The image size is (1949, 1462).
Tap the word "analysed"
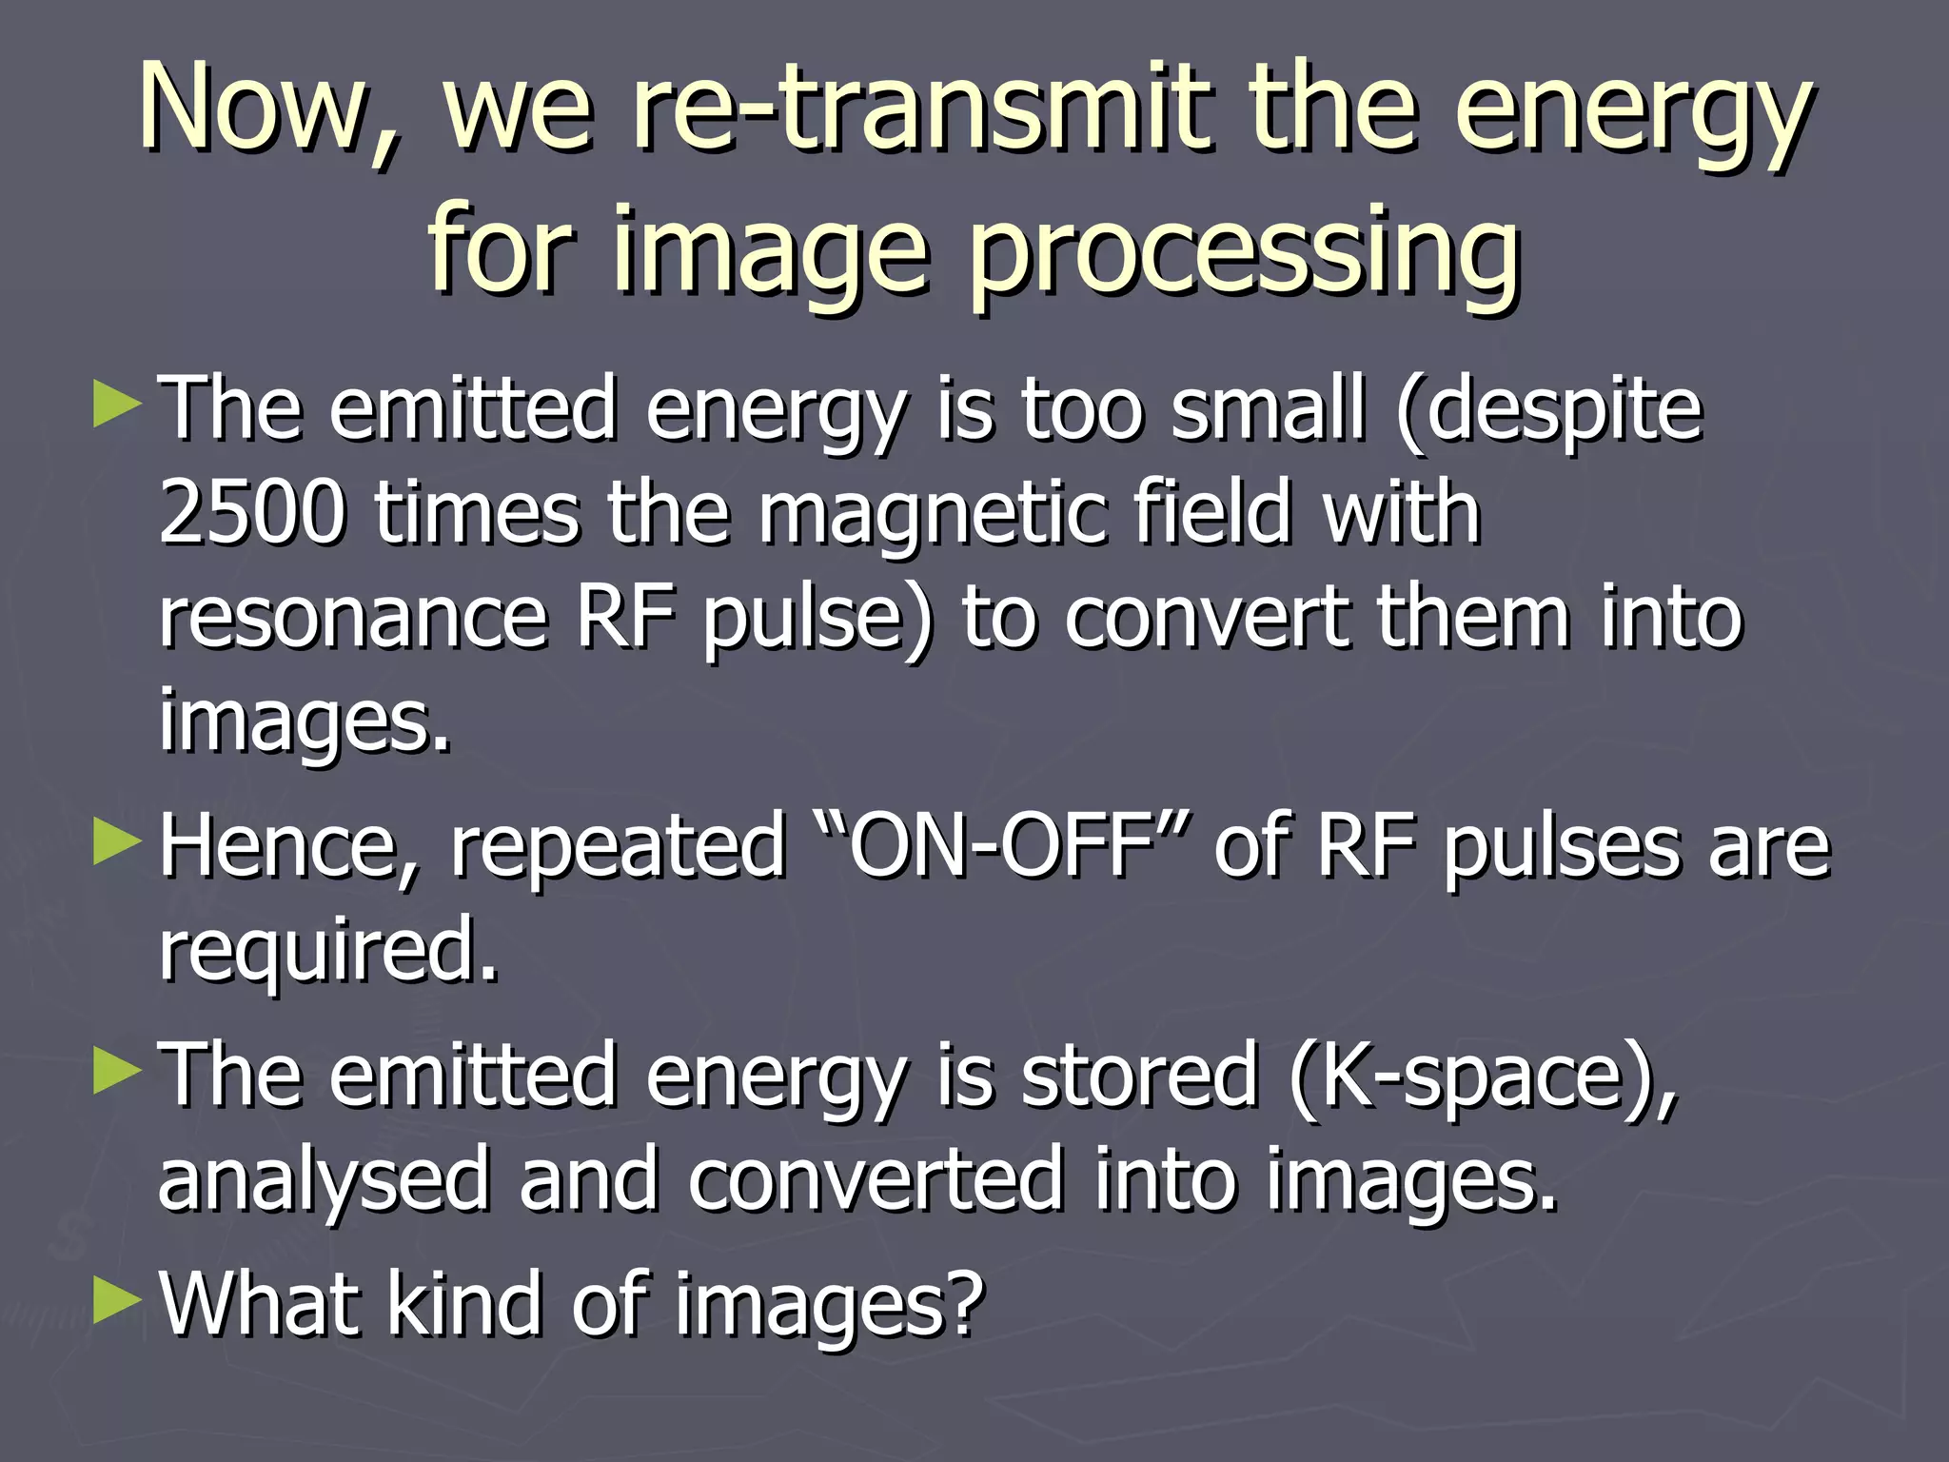click(x=323, y=1180)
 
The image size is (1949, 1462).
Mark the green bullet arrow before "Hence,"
click(x=117, y=841)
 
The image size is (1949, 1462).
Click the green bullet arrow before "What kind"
click(x=117, y=1300)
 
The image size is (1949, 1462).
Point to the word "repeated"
click(x=618, y=847)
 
